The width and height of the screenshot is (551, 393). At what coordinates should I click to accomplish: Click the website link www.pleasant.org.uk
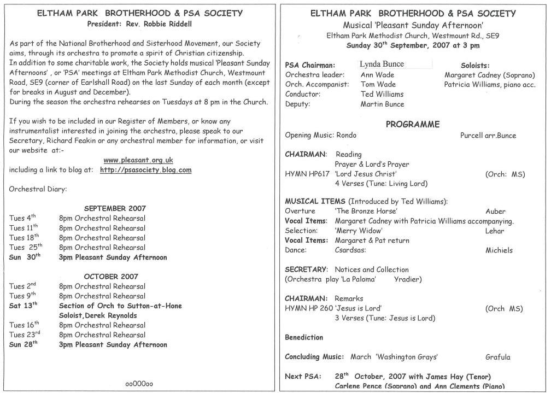click(138, 160)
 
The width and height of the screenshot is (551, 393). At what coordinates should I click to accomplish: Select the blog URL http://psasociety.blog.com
click(146, 170)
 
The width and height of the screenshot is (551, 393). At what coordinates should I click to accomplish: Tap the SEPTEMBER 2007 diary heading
click(115, 208)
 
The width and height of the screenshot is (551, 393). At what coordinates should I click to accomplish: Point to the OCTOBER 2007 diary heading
click(111, 277)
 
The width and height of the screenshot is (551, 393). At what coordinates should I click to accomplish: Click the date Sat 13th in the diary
click(24, 306)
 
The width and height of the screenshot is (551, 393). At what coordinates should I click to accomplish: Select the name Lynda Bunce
click(382, 64)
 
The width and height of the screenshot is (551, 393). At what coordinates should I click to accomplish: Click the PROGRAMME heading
click(412, 124)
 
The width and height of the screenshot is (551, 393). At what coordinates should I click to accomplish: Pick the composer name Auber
click(495, 211)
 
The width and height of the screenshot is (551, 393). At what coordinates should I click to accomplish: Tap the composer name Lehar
click(495, 231)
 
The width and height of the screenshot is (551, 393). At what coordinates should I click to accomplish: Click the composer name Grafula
click(497, 357)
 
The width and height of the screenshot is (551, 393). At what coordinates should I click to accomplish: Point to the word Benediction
click(304, 337)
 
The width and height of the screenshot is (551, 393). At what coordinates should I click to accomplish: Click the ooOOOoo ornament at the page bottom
click(139, 384)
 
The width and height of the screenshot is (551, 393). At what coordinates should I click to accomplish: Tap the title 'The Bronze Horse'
click(366, 211)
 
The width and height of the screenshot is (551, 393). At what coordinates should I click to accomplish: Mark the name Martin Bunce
click(382, 104)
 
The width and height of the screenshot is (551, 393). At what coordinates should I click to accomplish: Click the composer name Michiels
click(499, 250)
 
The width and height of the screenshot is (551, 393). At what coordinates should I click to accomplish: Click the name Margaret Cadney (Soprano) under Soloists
click(490, 75)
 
